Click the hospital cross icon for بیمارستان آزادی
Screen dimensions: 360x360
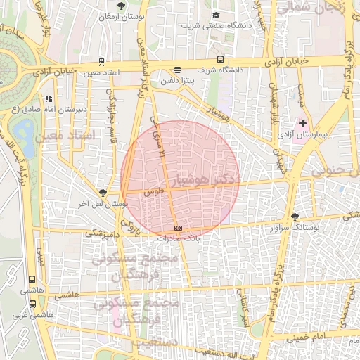(x=303, y=124)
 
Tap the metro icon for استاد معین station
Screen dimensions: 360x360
(x=102, y=62)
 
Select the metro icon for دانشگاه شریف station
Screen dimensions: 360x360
(x=220, y=60)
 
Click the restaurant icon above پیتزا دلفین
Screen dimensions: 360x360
(x=177, y=70)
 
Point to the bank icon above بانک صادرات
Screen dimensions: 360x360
(x=178, y=228)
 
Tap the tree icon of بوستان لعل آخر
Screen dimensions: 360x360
(x=103, y=193)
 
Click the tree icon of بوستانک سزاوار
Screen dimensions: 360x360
(x=295, y=217)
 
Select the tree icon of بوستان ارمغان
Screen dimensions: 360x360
(x=122, y=6)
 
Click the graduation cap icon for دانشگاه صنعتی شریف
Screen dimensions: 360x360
(x=216, y=15)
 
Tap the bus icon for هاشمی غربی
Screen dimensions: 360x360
(x=32, y=304)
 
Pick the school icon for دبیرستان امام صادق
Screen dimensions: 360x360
(x=48, y=98)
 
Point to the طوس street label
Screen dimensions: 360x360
(x=153, y=191)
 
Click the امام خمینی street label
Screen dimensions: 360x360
(x=309, y=338)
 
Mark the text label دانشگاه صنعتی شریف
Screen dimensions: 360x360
(x=217, y=25)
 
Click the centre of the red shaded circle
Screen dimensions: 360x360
(x=180, y=180)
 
